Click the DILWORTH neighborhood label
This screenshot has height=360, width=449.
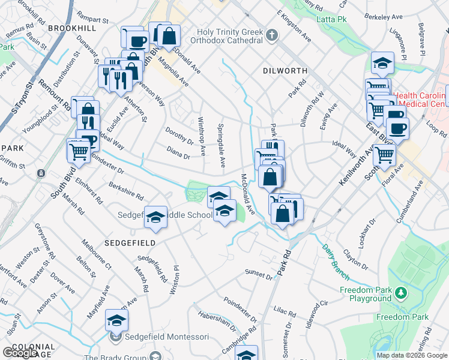click(285, 71)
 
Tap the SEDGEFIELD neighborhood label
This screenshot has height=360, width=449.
click(130, 243)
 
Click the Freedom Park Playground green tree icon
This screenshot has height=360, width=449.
click(401, 293)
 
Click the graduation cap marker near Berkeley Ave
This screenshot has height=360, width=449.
click(381, 62)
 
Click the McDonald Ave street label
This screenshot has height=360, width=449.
click(249, 194)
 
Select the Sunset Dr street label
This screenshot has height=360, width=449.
click(259, 274)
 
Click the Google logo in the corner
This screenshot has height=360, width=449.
click(20, 352)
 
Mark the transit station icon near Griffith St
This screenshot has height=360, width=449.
click(41, 173)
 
